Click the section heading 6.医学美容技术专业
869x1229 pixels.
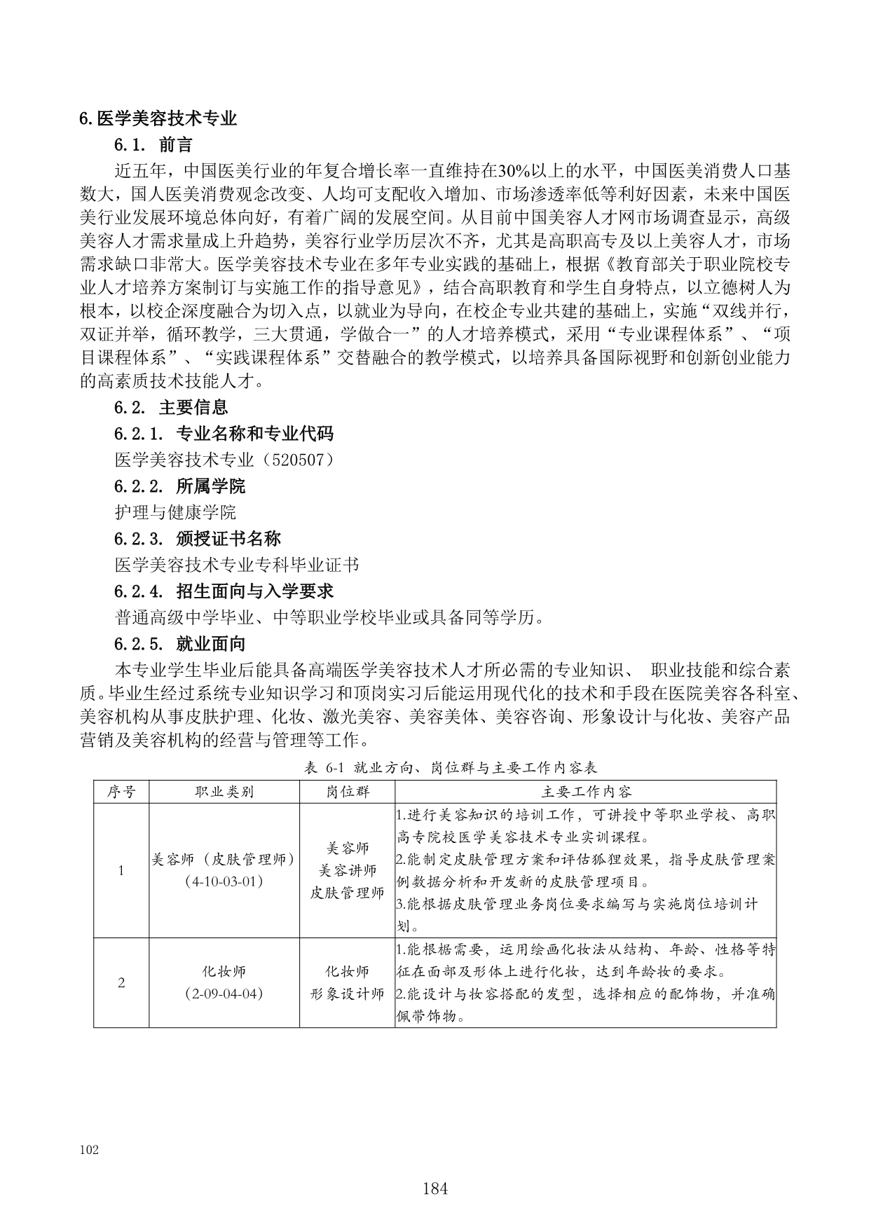[x=158, y=118]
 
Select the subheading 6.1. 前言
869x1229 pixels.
[x=153, y=145]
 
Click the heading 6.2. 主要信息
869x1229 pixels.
[x=170, y=407]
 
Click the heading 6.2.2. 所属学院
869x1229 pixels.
[x=179, y=486]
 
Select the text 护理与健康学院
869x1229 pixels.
[x=175, y=512]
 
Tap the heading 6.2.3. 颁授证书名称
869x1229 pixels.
[x=197, y=539]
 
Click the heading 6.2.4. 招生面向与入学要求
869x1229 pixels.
[x=224, y=591]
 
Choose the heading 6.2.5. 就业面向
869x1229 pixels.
[x=179, y=644]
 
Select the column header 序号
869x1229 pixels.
[x=121, y=792]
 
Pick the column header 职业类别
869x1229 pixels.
[x=224, y=792]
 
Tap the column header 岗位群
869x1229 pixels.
[x=348, y=792]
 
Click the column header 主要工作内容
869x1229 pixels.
[x=586, y=792]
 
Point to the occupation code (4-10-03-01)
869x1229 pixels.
[x=224, y=881]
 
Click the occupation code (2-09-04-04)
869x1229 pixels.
[x=224, y=994]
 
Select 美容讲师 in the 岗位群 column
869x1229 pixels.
[x=348, y=870]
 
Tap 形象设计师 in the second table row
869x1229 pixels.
[x=348, y=994]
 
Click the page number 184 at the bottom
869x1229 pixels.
[x=435, y=1188]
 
